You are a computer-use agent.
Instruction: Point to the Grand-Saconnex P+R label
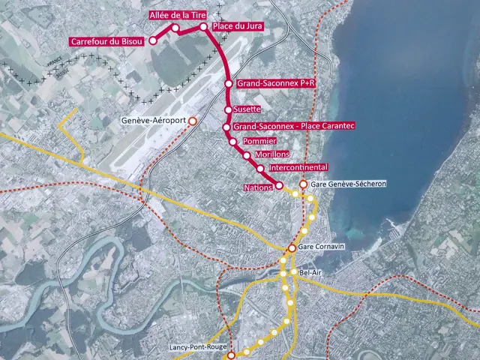click(x=274, y=85)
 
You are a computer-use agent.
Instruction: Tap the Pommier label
click(x=260, y=141)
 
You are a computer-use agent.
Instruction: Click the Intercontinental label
click(x=298, y=166)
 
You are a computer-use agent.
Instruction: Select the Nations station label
click(x=257, y=185)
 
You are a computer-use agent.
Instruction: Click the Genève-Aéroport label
click(x=153, y=121)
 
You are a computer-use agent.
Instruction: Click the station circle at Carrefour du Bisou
click(x=152, y=40)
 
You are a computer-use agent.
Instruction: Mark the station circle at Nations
click(x=279, y=185)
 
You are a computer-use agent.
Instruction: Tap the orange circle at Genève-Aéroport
click(x=193, y=121)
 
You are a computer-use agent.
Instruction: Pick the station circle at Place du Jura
click(x=203, y=27)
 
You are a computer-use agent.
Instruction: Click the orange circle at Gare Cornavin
click(x=292, y=248)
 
